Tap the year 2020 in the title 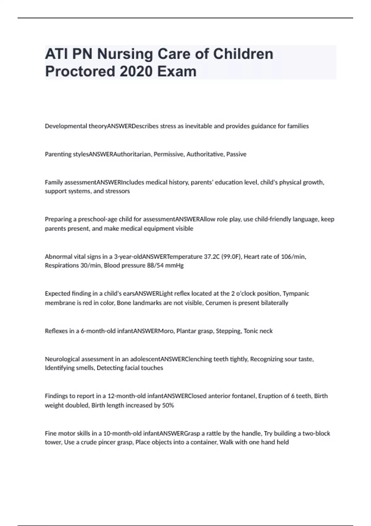(x=136, y=71)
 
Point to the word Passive (x=237, y=154)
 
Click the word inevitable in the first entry (x=198, y=126)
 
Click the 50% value (x=168, y=405)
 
